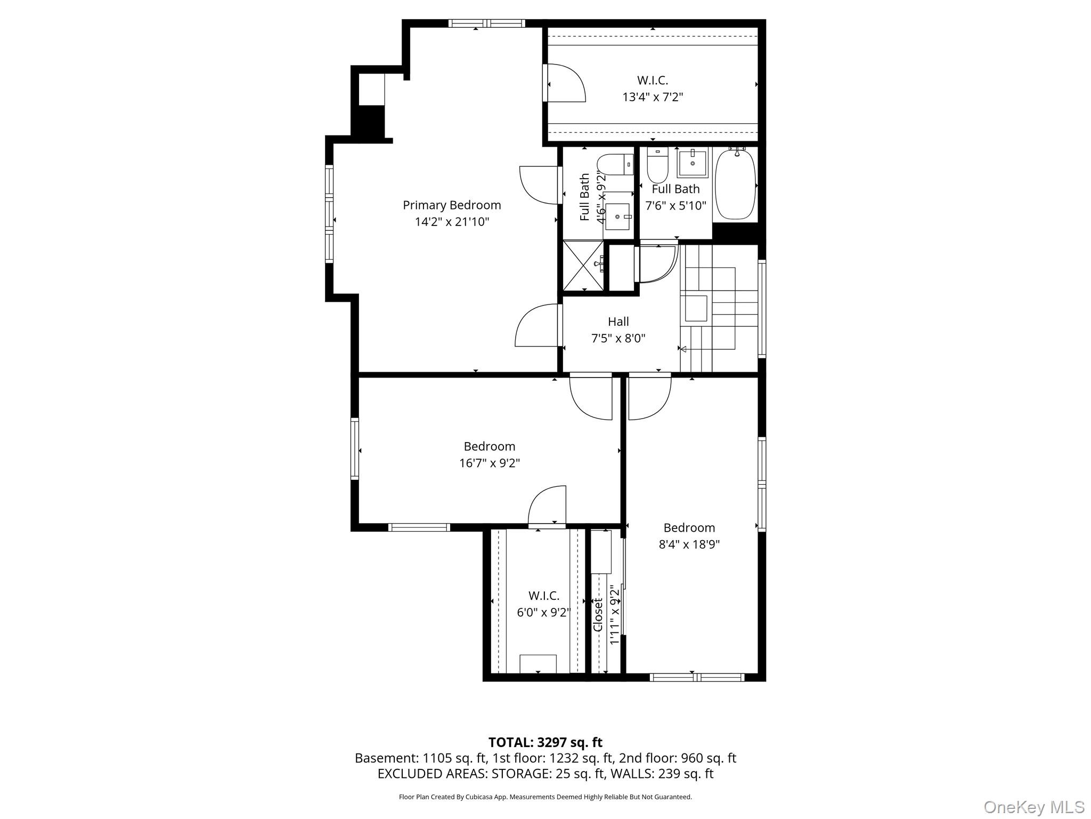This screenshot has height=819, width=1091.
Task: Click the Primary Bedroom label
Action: [x=451, y=205]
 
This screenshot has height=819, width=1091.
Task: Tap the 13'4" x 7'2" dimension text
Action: [x=653, y=97]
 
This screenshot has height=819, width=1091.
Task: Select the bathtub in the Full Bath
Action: [x=735, y=184]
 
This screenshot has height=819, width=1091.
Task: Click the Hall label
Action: [x=618, y=322]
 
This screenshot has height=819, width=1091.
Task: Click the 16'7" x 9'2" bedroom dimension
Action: [x=489, y=463]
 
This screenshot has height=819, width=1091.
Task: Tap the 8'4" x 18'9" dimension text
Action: [x=689, y=544]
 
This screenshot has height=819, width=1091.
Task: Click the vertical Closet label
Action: [x=598, y=614]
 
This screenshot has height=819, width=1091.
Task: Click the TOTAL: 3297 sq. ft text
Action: [x=545, y=742]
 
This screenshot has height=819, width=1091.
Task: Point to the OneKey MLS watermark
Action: [x=1033, y=807]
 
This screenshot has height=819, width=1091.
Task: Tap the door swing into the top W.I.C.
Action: [x=566, y=83]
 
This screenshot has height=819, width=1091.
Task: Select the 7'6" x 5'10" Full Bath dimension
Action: [x=675, y=205]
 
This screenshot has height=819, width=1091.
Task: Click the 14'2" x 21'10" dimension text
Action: [x=452, y=222]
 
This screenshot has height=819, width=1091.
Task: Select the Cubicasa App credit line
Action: [x=545, y=797]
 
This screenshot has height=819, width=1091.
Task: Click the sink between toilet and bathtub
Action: [x=693, y=163]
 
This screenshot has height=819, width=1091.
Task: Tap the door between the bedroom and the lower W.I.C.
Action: [x=547, y=507]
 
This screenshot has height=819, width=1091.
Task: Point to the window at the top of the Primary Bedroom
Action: [x=486, y=23]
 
